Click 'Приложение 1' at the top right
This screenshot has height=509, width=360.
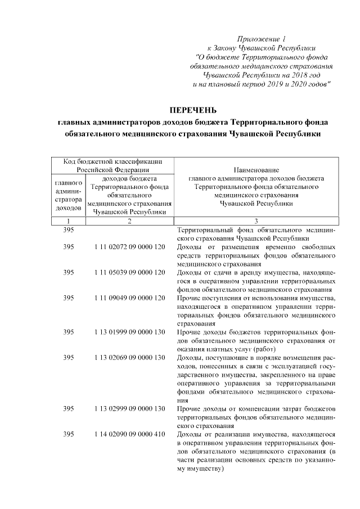coord(261,39)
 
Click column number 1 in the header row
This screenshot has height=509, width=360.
coord(68,221)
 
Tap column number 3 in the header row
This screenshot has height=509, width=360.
coord(256,221)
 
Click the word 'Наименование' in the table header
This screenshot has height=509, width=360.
coord(256,169)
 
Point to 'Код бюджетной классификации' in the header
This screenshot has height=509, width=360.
coord(114,161)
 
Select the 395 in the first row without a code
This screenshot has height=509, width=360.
coord(68,230)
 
